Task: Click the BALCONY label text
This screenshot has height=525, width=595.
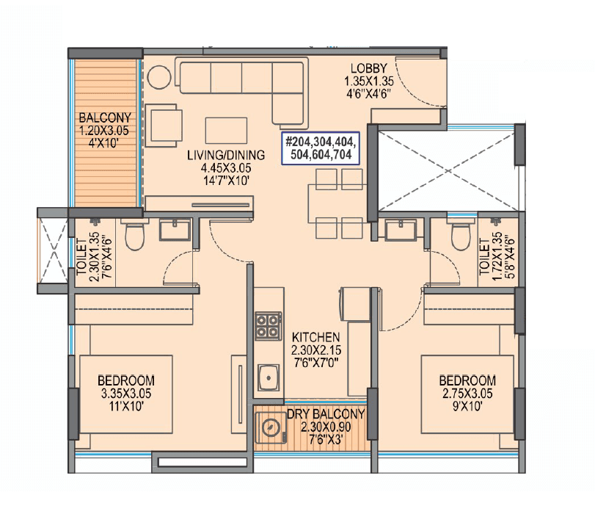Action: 105,117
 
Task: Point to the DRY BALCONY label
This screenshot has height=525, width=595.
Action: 326,414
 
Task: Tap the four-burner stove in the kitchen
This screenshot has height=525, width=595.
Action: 267,325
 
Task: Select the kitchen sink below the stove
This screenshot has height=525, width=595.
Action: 269,379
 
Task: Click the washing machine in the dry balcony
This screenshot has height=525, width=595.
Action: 270,429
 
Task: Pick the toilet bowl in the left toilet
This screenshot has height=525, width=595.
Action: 134,235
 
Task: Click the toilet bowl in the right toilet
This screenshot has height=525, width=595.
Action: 460,235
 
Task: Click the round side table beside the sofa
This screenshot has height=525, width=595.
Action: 158,77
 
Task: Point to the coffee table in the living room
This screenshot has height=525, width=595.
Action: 222,129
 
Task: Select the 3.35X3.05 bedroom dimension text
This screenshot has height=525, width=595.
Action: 126,394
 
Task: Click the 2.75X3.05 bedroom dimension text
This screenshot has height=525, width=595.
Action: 467,394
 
